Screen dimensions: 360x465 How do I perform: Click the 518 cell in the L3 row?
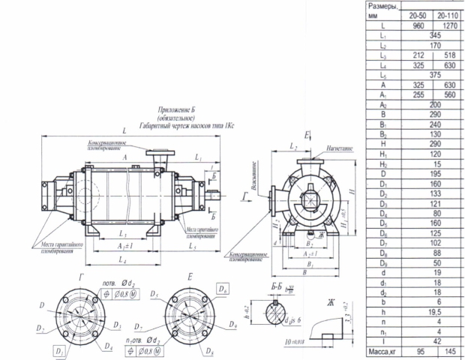450,55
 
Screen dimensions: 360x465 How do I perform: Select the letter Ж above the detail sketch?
330,304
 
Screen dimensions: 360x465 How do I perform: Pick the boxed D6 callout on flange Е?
223,287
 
